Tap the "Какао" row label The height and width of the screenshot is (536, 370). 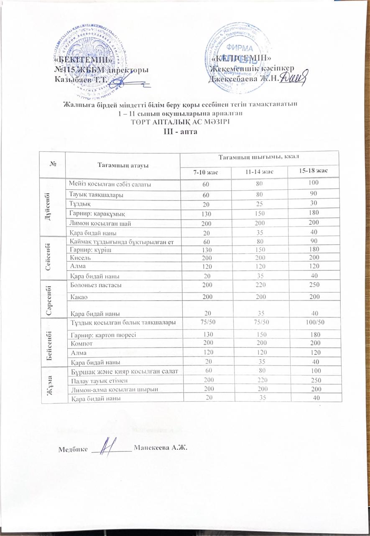(80, 296)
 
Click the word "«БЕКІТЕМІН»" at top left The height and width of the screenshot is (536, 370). (83, 59)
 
